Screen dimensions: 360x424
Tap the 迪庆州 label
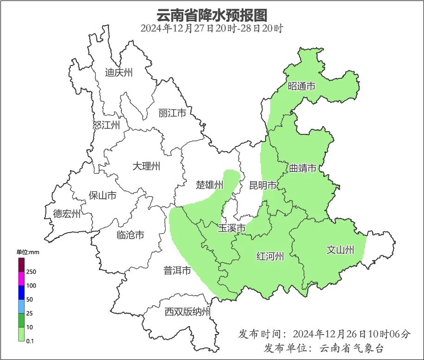(x=118, y=72)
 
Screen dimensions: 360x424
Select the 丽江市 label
(x=172, y=113)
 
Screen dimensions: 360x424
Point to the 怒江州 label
(x=106, y=125)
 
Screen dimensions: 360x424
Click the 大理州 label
(x=146, y=166)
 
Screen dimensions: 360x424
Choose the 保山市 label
(x=102, y=196)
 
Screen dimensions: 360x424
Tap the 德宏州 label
(x=67, y=214)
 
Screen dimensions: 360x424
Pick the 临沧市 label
(x=130, y=235)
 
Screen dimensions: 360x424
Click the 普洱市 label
(x=177, y=271)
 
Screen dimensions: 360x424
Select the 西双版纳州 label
(x=187, y=312)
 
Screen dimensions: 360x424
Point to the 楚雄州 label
(x=209, y=185)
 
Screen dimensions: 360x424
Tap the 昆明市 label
(x=262, y=186)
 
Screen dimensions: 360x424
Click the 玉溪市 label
(x=231, y=228)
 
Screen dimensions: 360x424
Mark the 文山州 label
(x=340, y=250)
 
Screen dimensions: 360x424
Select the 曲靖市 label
(x=303, y=168)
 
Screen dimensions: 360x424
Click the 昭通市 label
(x=301, y=86)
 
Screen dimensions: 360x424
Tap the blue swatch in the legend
(x=21, y=292)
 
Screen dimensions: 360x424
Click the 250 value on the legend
(x=31, y=272)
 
